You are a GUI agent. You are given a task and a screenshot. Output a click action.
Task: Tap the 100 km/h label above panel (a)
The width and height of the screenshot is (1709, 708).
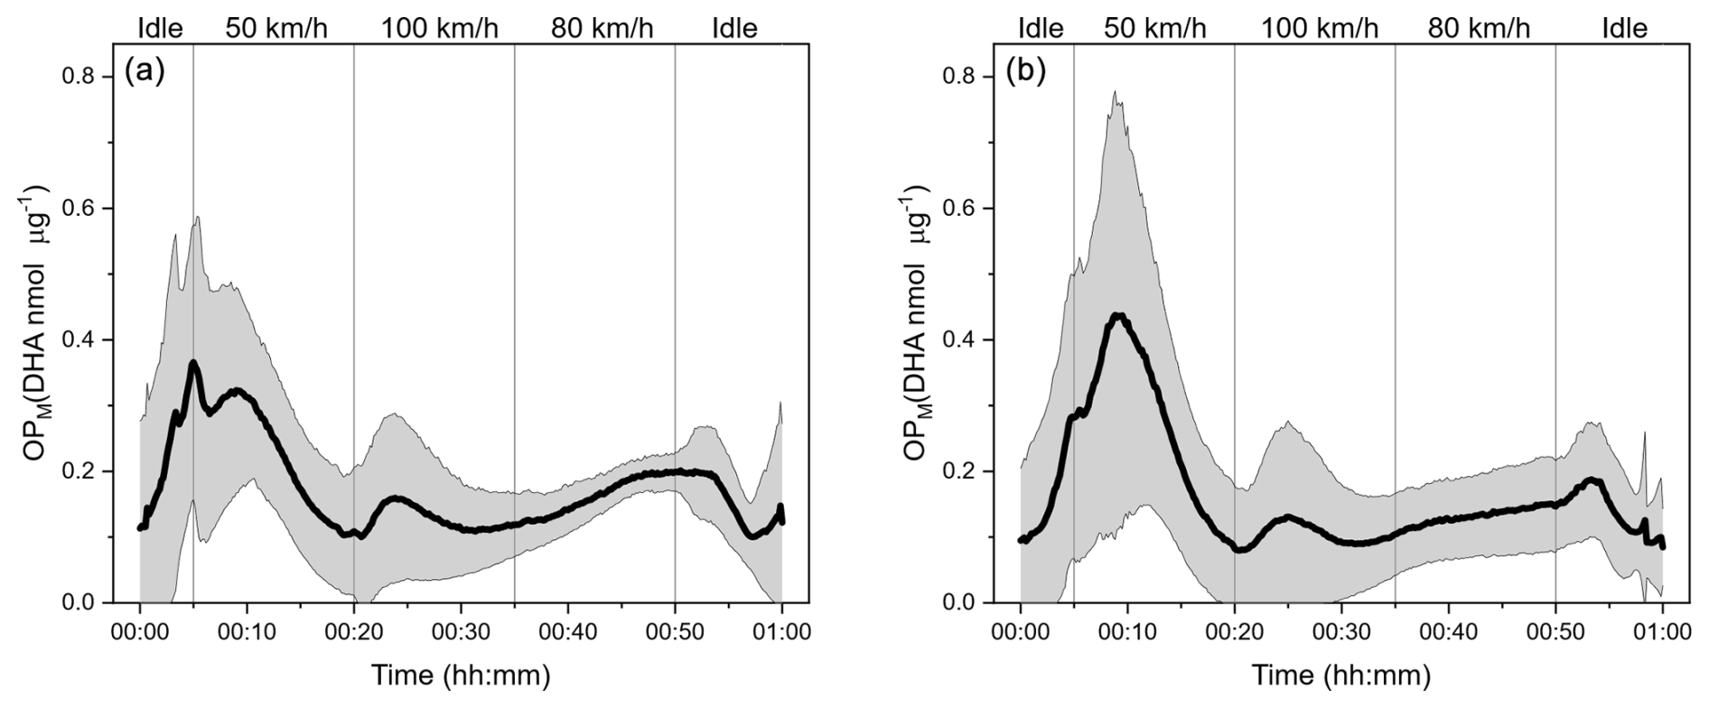(439, 28)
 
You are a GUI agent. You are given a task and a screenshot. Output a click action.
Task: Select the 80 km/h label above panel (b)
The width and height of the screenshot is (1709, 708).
(1480, 28)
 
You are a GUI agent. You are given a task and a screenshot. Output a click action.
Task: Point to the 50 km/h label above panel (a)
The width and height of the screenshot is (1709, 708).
(276, 28)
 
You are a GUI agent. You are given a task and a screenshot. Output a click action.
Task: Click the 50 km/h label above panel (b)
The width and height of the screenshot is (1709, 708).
(1155, 28)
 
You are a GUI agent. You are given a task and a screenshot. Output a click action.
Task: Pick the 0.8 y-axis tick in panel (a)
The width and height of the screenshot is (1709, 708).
(79, 77)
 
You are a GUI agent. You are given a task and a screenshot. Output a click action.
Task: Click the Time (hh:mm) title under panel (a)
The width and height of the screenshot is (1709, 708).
(461, 675)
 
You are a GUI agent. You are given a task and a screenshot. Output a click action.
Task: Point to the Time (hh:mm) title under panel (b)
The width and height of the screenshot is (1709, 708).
(1341, 675)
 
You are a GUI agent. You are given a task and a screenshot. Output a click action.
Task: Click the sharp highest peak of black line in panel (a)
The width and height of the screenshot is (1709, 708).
(193, 363)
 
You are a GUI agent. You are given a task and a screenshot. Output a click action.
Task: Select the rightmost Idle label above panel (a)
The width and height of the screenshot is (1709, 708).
(734, 28)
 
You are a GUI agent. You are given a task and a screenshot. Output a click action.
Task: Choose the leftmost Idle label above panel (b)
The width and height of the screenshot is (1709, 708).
(1041, 28)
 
